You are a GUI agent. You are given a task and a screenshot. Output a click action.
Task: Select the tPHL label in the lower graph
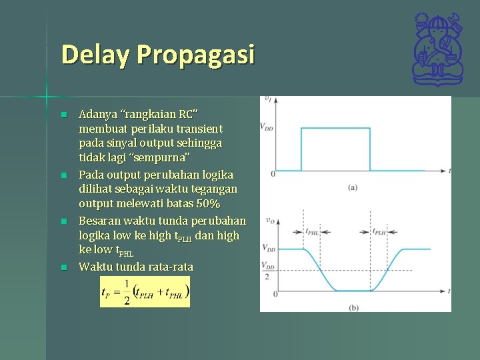[x=313, y=233]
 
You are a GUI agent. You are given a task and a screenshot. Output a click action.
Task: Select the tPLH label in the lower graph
[x=379, y=233]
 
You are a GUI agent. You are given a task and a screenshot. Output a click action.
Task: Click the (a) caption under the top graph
[x=353, y=187]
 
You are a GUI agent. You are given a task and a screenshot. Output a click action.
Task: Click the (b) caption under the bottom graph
[x=353, y=307]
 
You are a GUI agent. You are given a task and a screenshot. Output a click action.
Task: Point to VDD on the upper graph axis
[x=266, y=127]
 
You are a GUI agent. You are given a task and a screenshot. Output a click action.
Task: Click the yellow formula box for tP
[x=145, y=291]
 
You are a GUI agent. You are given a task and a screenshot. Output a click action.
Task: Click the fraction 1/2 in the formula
[x=127, y=292]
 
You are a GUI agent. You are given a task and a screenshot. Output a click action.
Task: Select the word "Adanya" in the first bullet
[x=96, y=113]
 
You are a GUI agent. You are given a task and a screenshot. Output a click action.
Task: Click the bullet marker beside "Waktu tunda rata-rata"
[x=64, y=267]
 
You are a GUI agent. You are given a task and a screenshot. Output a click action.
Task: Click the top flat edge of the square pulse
[x=335, y=128]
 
